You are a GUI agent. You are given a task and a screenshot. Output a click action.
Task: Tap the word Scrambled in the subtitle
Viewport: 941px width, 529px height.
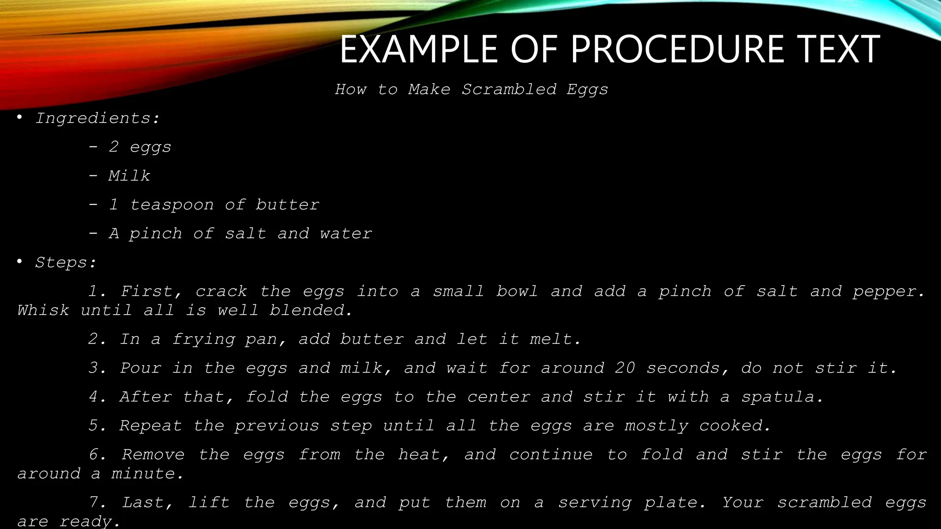[x=509, y=89]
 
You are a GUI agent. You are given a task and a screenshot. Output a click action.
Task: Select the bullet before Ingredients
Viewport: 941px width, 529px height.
[x=19, y=118]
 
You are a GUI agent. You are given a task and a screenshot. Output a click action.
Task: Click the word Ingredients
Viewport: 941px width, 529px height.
[x=97, y=118]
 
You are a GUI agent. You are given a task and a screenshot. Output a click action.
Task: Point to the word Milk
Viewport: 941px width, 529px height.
[x=129, y=176]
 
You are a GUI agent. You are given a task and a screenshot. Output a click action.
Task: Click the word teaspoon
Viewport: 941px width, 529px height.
[x=172, y=205]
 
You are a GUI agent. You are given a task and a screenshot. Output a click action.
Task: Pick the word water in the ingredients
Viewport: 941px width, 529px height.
[x=346, y=234]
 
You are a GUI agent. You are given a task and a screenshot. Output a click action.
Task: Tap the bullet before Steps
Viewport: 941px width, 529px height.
[x=19, y=262]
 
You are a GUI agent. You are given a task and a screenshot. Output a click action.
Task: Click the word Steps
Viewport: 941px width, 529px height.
[x=65, y=263]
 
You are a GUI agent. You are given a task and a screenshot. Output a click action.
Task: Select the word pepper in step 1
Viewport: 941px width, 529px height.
[x=888, y=292]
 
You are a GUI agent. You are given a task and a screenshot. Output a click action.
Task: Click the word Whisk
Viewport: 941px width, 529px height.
[x=43, y=310]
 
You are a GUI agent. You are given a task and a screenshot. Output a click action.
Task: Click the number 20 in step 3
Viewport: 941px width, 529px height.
[x=625, y=368]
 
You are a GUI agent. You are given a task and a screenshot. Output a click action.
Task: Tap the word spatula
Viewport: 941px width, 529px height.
[x=781, y=397]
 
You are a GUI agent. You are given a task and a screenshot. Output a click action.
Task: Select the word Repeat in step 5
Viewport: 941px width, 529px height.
[x=151, y=426]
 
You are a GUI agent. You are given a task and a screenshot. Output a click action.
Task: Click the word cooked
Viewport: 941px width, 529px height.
[x=734, y=426]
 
